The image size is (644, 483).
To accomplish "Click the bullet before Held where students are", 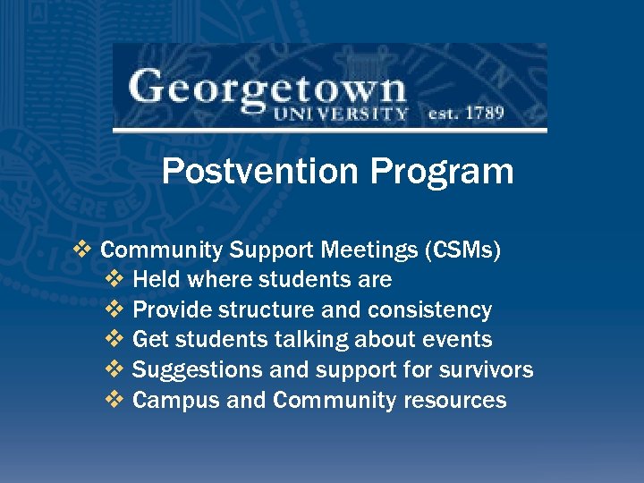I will (115, 280).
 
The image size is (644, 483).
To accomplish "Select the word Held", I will (156, 280).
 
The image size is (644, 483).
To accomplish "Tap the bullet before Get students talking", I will (115, 340).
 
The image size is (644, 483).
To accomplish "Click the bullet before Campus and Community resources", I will (115, 400).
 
